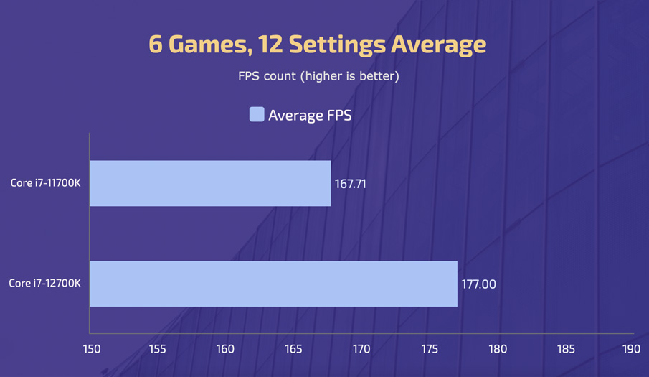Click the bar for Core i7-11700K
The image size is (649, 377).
point(210,183)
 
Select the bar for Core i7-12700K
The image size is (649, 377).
point(273,284)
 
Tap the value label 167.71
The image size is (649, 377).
point(351,184)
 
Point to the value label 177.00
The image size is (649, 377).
point(478,284)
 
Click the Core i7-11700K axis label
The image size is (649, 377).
point(45,183)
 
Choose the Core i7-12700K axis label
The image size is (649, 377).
point(44,284)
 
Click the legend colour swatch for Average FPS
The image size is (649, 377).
point(257,114)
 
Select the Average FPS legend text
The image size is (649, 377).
point(310,115)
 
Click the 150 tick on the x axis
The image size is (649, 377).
point(92,350)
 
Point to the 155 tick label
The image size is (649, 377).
point(158,350)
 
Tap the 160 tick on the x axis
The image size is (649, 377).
point(225,350)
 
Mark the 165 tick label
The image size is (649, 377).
point(293,350)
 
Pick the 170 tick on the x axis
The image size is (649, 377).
point(361,350)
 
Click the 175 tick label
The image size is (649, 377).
point(430,350)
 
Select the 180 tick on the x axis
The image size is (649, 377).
point(498,350)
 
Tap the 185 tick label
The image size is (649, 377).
point(566,350)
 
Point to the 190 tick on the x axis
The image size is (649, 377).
point(631,350)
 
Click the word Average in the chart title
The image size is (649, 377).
point(438,45)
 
